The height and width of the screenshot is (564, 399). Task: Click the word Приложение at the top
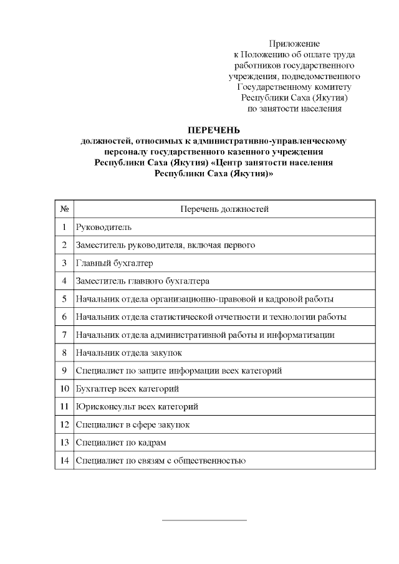294,44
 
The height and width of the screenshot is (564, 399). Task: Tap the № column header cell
64,209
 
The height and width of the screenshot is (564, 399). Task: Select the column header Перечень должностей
224,209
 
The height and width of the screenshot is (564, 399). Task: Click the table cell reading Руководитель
103,227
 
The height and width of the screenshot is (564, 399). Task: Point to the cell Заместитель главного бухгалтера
142,281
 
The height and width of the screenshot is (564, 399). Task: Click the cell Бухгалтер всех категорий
127,389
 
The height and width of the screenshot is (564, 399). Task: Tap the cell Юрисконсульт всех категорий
137,407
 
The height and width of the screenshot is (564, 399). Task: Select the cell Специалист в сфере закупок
132,425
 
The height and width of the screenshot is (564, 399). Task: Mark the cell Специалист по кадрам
120,443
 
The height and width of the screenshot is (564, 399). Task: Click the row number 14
64,461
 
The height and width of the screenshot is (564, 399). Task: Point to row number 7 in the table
64,335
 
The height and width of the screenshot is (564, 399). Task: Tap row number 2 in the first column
64,245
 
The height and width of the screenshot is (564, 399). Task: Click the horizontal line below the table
204,519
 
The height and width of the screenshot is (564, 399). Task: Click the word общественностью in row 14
214,461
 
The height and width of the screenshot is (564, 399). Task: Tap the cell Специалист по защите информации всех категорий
178,371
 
